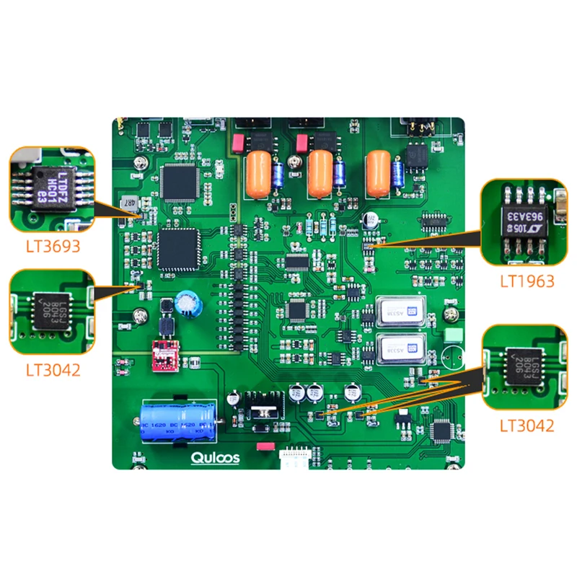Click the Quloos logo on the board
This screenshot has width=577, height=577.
215,457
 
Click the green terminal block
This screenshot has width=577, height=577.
454,336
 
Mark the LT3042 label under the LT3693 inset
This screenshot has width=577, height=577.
53,370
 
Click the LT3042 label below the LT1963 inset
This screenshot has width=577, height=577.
527,426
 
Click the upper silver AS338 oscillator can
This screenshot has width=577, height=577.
397,311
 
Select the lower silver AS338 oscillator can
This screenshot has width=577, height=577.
397,348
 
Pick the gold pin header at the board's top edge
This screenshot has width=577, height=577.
418,128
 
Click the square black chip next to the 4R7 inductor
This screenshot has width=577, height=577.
177,181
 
